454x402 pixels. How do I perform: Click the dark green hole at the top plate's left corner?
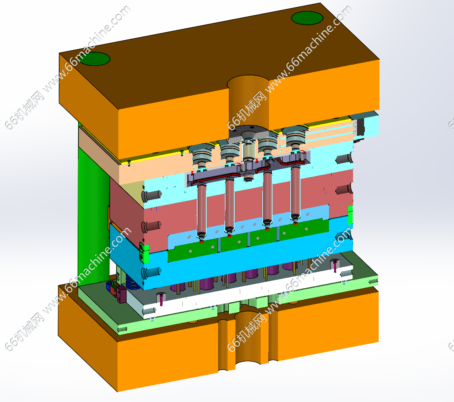(x=94, y=59)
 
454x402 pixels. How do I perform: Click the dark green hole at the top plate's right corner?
(x=307, y=18)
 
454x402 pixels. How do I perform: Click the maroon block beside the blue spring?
(x=121, y=294)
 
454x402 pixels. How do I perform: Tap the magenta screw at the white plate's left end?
(x=161, y=300)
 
